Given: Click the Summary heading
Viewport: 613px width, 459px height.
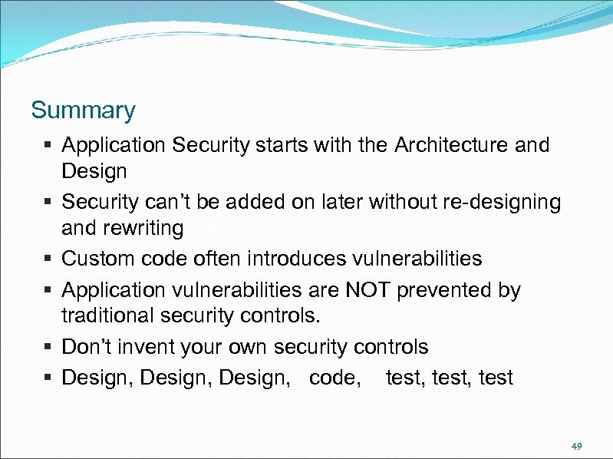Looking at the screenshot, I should (x=83, y=111).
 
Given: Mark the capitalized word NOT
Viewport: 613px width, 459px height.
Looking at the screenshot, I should (x=371, y=290).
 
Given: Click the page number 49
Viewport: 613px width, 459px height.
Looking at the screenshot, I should (x=576, y=446).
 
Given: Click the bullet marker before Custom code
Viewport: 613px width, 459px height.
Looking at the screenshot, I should (x=48, y=259).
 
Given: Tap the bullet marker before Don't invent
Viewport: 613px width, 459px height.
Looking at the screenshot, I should (x=48, y=348).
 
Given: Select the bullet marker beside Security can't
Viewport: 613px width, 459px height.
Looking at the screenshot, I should (x=48, y=203).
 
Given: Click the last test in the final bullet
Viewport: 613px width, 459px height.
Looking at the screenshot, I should (x=496, y=378).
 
